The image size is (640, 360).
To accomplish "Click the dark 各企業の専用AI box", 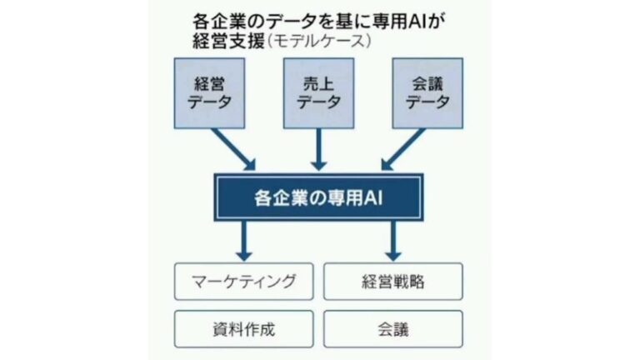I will [319, 197].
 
